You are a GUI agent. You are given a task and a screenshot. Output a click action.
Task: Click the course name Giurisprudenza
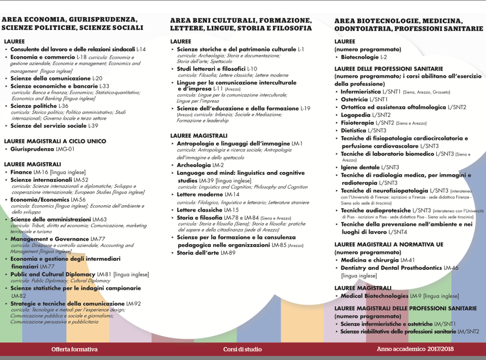33,149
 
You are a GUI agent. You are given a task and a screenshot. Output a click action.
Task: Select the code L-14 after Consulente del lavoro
141,50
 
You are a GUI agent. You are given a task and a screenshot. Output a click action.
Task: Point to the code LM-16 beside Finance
41,172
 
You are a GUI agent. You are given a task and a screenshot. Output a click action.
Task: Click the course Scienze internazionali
41,180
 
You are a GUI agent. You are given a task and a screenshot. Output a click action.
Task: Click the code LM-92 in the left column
133,303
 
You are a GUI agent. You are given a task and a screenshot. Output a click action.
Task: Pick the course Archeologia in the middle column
194,165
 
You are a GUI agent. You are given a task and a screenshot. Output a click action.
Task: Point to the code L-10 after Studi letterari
252,68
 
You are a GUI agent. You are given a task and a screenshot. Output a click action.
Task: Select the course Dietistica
356,131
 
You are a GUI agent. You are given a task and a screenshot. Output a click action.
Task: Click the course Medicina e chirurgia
369,260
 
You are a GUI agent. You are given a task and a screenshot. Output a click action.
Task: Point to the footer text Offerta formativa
74,349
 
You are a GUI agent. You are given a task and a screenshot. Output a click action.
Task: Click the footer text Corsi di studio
243,349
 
